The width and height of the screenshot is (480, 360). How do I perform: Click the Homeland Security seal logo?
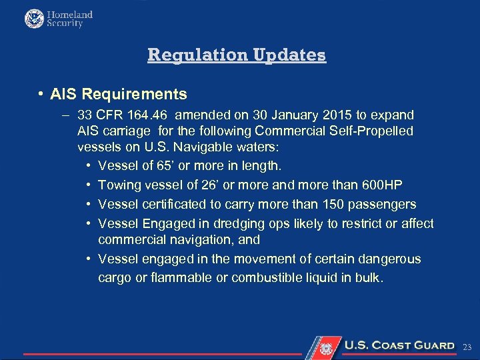(x=34, y=19)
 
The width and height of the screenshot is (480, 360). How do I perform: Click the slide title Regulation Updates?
(x=237, y=55)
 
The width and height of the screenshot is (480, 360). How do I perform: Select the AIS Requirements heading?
(x=119, y=94)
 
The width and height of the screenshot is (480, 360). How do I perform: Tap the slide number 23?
(x=467, y=347)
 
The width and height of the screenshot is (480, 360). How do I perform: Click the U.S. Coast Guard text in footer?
(x=399, y=345)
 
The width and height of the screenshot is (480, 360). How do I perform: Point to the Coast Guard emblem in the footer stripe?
(x=326, y=347)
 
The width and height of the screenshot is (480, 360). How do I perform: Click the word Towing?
(x=119, y=185)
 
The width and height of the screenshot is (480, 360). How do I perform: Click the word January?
(x=301, y=115)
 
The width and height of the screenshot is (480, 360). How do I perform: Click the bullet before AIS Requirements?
(x=41, y=94)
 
